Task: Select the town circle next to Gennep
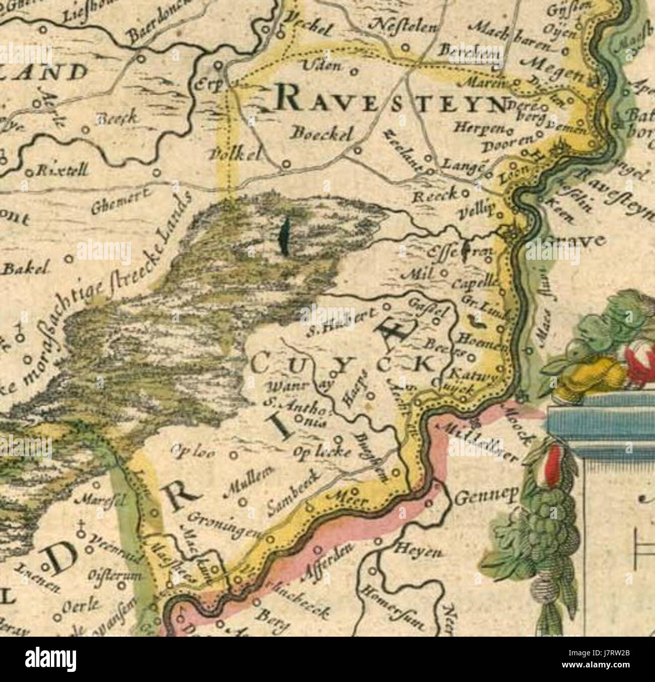[x=430, y=502]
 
